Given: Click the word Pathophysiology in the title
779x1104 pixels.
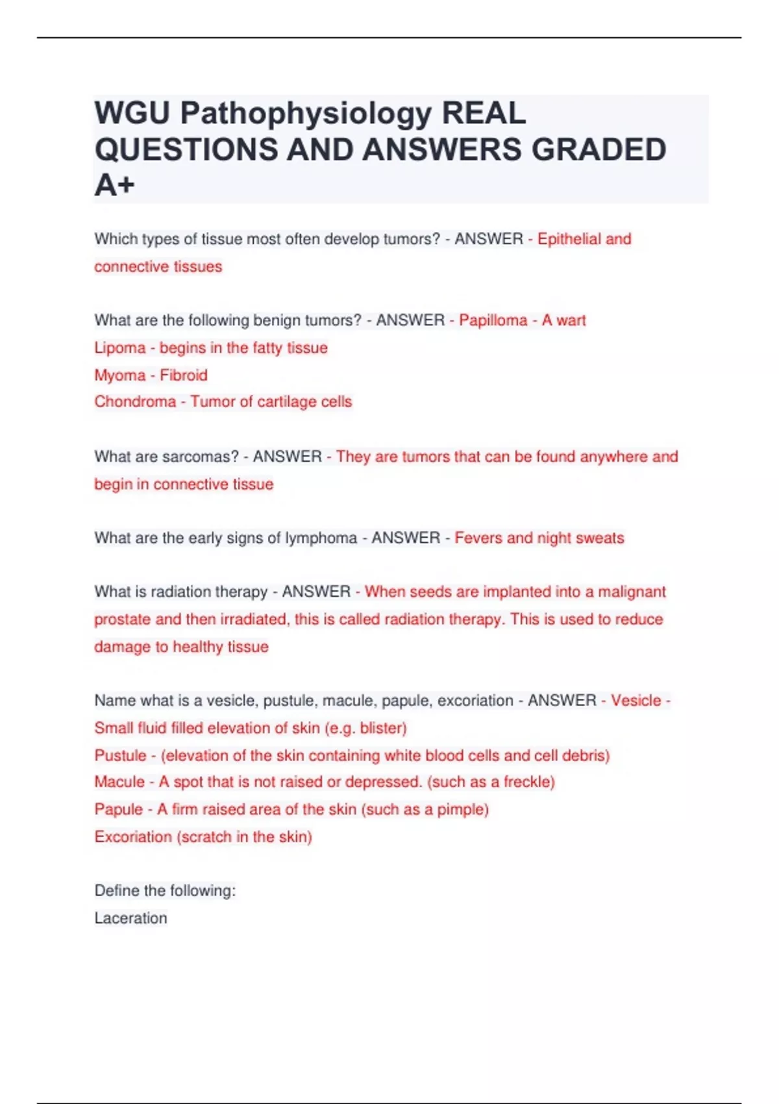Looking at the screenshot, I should [306, 114].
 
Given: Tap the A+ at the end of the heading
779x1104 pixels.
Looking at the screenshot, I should [114, 185].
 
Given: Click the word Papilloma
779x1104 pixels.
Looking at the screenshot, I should [493, 320].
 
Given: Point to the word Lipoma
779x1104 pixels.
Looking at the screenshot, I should [119, 348].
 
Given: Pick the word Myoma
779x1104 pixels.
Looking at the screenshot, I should [119, 375].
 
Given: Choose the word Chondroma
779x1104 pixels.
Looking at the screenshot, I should [135, 402].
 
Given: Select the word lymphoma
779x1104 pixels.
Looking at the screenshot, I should [323, 538].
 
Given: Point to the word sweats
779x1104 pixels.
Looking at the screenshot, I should [600, 538].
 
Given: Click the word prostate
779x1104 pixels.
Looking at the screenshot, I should [122, 620].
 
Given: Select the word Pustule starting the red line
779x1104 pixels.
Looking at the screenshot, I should [120, 756].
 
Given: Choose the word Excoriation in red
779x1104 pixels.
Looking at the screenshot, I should [133, 837].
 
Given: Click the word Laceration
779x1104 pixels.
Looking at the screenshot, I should [130, 918].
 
